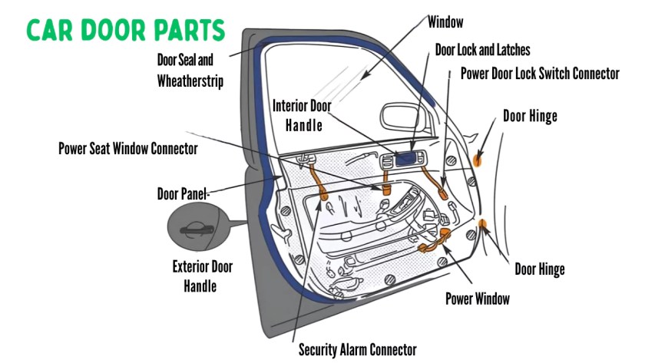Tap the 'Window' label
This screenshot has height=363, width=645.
pyautogui.click(x=446, y=21)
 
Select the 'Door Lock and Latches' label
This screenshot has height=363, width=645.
pyautogui.click(x=482, y=50)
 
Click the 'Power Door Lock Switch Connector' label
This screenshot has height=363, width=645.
pyautogui.click(x=540, y=74)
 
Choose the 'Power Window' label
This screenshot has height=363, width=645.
pyautogui.click(x=477, y=299)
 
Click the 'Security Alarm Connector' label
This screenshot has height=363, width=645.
pyautogui.click(x=357, y=350)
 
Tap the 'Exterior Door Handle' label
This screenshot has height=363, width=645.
pyautogui.click(x=202, y=276)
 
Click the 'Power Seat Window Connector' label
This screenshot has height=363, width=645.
pyautogui.click(x=128, y=148)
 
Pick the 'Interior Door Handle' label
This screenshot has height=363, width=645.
pyautogui.click(x=303, y=114)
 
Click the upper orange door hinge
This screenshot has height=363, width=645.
pyautogui.click(x=478, y=159)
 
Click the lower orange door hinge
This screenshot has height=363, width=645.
pyautogui.click(x=484, y=225)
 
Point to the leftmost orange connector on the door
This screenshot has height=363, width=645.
pyautogui.click(x=321, y=187)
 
